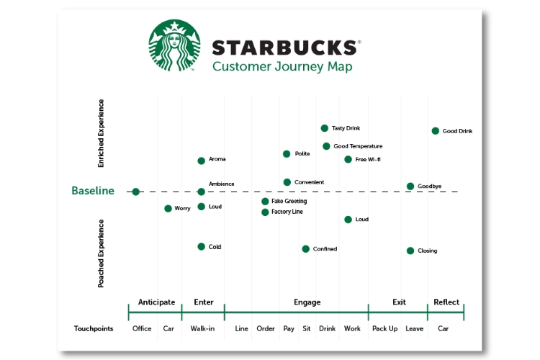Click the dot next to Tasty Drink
[x=325, y=128]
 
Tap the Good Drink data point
[x=436, y=131]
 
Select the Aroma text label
[x=217, y=159]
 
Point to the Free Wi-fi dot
[x=348, y=159]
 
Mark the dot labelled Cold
[x=202, y=247]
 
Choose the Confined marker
[x=306, y=249]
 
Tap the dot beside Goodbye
[x=410, y=186]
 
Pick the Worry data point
[x=168, y=209]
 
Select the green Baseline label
[x=93, y=192]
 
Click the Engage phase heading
[x=307, y=302]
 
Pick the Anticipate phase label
[x=156, y=302]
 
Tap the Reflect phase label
[x=446, y=302]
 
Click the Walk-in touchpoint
[x=202, y=329]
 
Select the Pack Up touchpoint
[x=385, y=329]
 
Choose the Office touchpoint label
[x=142, y=329]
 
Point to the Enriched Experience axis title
[x=102, y=134]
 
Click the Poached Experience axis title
[x=102, y=253]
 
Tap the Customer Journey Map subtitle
[x=282, y=67]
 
